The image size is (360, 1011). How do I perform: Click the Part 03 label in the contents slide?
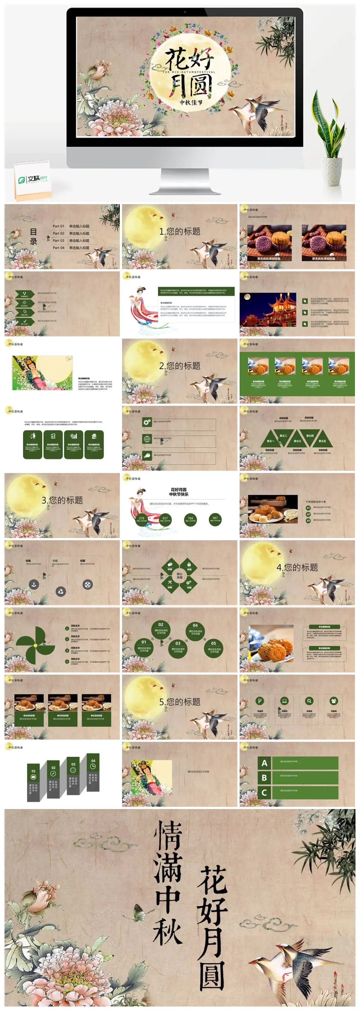pos(58,240)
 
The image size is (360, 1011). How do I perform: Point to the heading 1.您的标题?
pos(180,231)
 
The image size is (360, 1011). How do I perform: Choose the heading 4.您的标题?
pos(297,567)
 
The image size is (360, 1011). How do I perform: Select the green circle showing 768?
pos(190,519)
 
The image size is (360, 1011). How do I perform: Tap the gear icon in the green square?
pos(147,422)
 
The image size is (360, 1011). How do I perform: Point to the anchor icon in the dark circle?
pos(34,585)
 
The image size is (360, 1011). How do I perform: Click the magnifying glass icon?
pos(309,701)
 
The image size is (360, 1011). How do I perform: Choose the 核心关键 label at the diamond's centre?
pos(179,575)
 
